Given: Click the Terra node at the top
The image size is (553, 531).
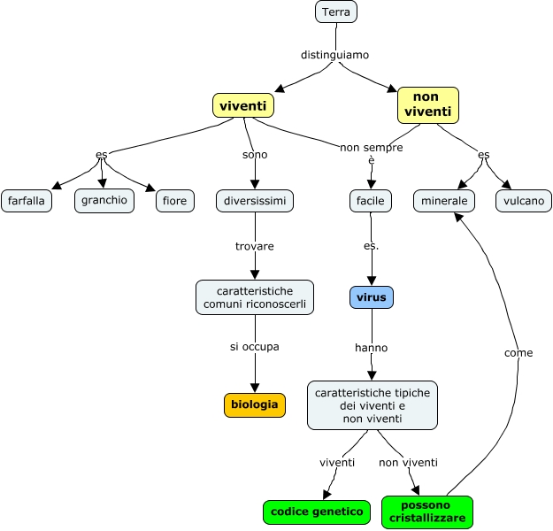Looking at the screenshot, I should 336,12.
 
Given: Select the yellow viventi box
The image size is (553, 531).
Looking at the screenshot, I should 242,106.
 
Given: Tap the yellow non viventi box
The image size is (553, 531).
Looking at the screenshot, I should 428,104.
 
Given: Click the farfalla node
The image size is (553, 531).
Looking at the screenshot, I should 27,201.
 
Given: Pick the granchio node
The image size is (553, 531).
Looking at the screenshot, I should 104,201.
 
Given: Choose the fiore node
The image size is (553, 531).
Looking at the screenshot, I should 175,201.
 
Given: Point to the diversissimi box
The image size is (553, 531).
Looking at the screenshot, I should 255,201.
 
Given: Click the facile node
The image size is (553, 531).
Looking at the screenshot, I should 371,201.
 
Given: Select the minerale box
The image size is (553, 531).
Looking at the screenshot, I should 444,201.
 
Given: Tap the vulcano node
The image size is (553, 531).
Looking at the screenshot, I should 524,201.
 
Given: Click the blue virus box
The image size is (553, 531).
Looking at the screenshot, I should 372,297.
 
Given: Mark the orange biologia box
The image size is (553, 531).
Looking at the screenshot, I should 255,405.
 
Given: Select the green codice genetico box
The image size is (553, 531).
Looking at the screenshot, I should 317,512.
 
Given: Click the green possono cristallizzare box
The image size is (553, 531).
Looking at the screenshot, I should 426,512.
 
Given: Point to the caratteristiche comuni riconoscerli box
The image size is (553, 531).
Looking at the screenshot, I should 255,297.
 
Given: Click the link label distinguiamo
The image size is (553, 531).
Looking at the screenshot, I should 334,55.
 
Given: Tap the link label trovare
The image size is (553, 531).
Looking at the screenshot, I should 255,246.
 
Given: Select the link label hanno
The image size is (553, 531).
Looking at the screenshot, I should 372,348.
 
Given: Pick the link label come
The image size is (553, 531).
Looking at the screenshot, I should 518,353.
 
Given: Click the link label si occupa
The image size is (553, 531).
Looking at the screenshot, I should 255,347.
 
